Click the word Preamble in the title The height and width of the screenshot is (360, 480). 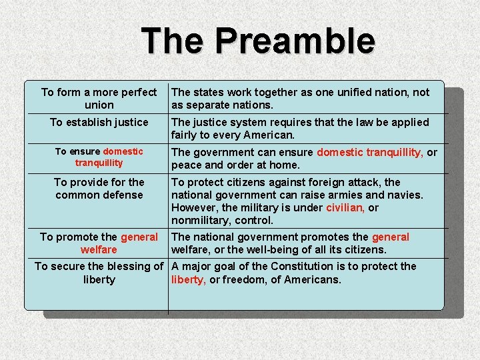(295, 41)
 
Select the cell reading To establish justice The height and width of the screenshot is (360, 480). (99, 122)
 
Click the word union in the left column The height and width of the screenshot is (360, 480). (99, 105)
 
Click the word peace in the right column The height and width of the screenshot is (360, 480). (185, 165)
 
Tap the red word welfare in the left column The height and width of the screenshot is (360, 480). (99, 250)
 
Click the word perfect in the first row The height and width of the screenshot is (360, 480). (136, 92)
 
